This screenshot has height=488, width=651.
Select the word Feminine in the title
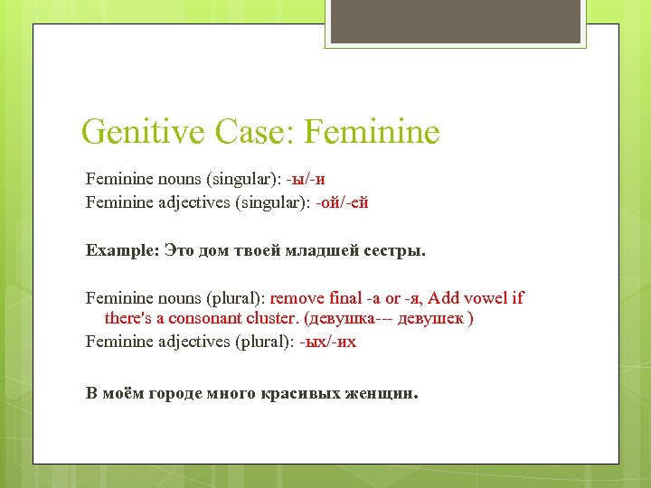[x=373, y=132]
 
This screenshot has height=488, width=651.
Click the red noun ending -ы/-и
[x=306, y=178]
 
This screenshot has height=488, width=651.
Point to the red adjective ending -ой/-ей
[x=341, y=202]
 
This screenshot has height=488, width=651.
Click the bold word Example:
[x=122, y=249]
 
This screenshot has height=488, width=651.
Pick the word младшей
[x=333, y=249]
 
